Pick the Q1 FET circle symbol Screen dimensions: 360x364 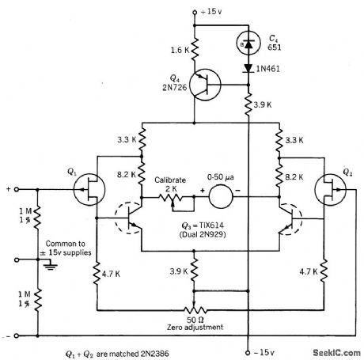pyautogui.click(x=83, y=189)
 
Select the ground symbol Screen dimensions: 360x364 pyautogui.click(x=50, y=267)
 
